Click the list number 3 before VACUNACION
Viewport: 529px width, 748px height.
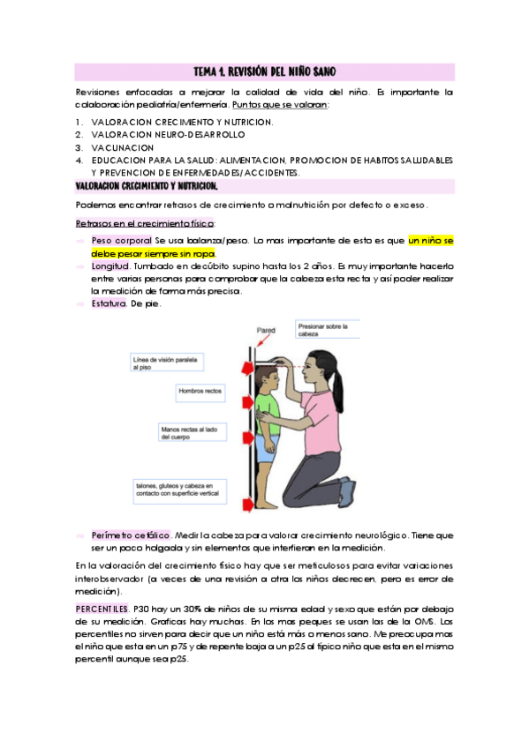click(79, 148)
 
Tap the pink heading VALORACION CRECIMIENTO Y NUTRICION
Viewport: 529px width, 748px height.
click(147, 187)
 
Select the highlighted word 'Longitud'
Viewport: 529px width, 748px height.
click(110, 266)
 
